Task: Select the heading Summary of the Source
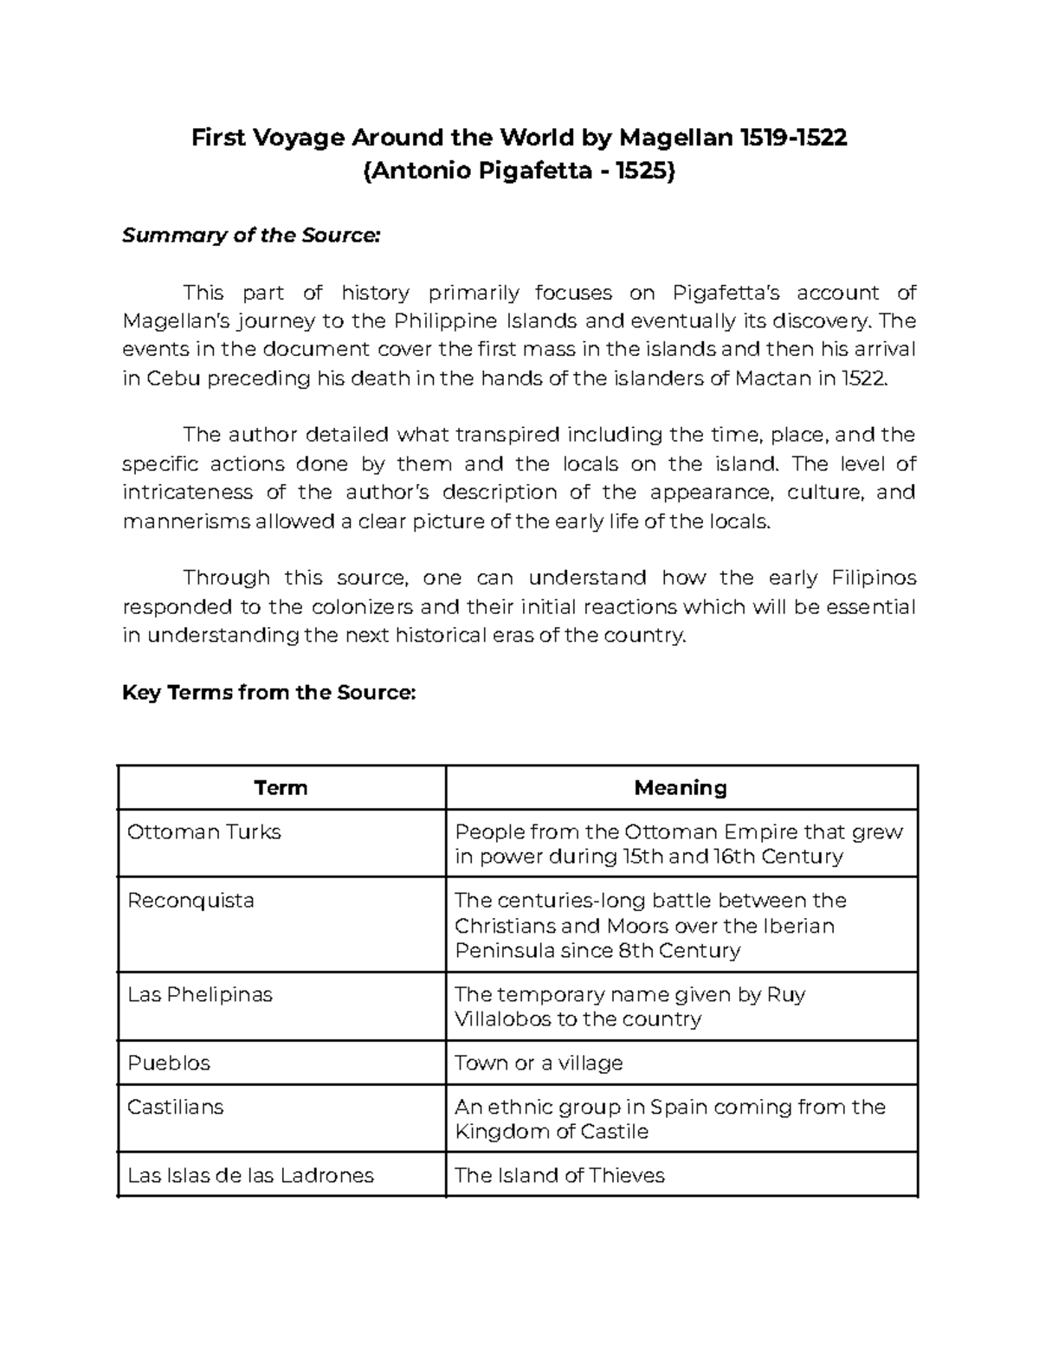[251, 236]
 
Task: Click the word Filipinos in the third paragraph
[874, 578]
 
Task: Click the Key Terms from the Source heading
[269, 693]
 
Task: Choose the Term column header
[281, 788]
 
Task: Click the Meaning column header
[681, 788]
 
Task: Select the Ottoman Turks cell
[204, 832]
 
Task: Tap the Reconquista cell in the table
[190, 901]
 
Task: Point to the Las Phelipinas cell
[200, 994]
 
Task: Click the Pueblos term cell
[169, 1063]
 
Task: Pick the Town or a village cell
[539, 1063]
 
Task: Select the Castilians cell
[175, 1107]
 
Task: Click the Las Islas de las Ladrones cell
[250, 1175]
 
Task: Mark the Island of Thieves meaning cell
[559, 1175]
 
